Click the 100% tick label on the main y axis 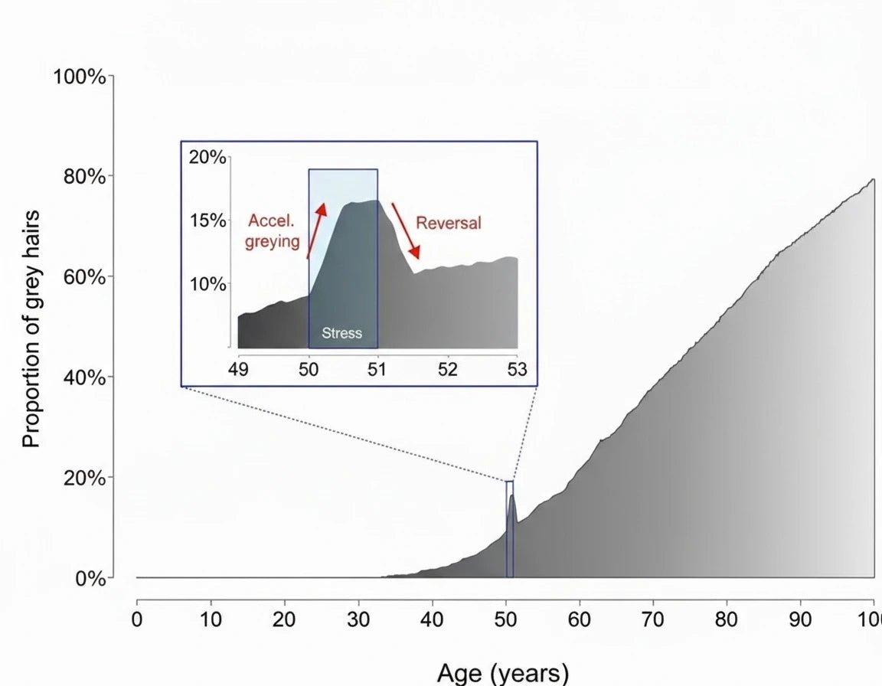(79, 77)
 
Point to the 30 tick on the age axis (358, 619)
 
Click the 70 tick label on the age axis (653, 619)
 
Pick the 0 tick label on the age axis (137, 619)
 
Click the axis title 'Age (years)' (503, 673)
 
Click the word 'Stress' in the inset (342, 334)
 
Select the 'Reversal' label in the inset (449, 223)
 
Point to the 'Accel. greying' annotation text (273, 232)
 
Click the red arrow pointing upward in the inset (315, 230)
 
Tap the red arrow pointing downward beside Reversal (407, 230)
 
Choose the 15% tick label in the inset (207, 221)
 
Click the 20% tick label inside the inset (207, 158)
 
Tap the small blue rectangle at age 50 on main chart (510, 528)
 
